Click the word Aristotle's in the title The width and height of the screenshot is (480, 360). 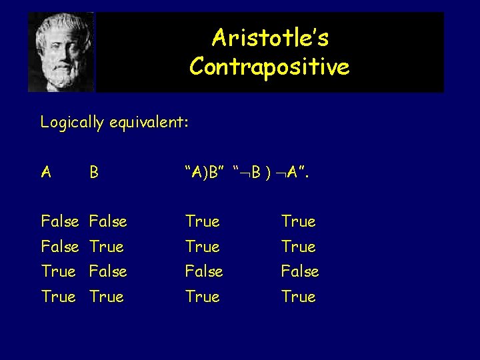[x=270, y=39]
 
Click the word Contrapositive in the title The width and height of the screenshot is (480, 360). [x=269, y=67]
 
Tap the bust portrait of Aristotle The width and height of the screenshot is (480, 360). [x=61, y=52]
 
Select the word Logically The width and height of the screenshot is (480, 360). [x=71, y=123]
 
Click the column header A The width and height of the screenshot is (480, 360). [x=46, y=173]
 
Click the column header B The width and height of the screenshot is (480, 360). [x=94, y=173]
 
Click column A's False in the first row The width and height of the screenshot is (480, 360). [x=59, y=221]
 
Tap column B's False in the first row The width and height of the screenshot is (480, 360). [x=108, y=221]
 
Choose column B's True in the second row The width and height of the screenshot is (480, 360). [x=107, y=247]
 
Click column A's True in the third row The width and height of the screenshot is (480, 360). [x=58, y=271]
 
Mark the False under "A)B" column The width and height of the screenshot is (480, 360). [x=204, y=271]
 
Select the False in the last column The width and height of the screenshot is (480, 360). [x=300, y=271]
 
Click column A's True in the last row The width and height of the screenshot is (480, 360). [x=58, y=297]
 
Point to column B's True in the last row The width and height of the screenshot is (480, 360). [x=107, y=297]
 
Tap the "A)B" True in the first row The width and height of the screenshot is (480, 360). [x=203, y=221]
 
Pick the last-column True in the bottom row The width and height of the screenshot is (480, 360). [x=299, y=297]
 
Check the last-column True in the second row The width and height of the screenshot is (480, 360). [x=299, y=247]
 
